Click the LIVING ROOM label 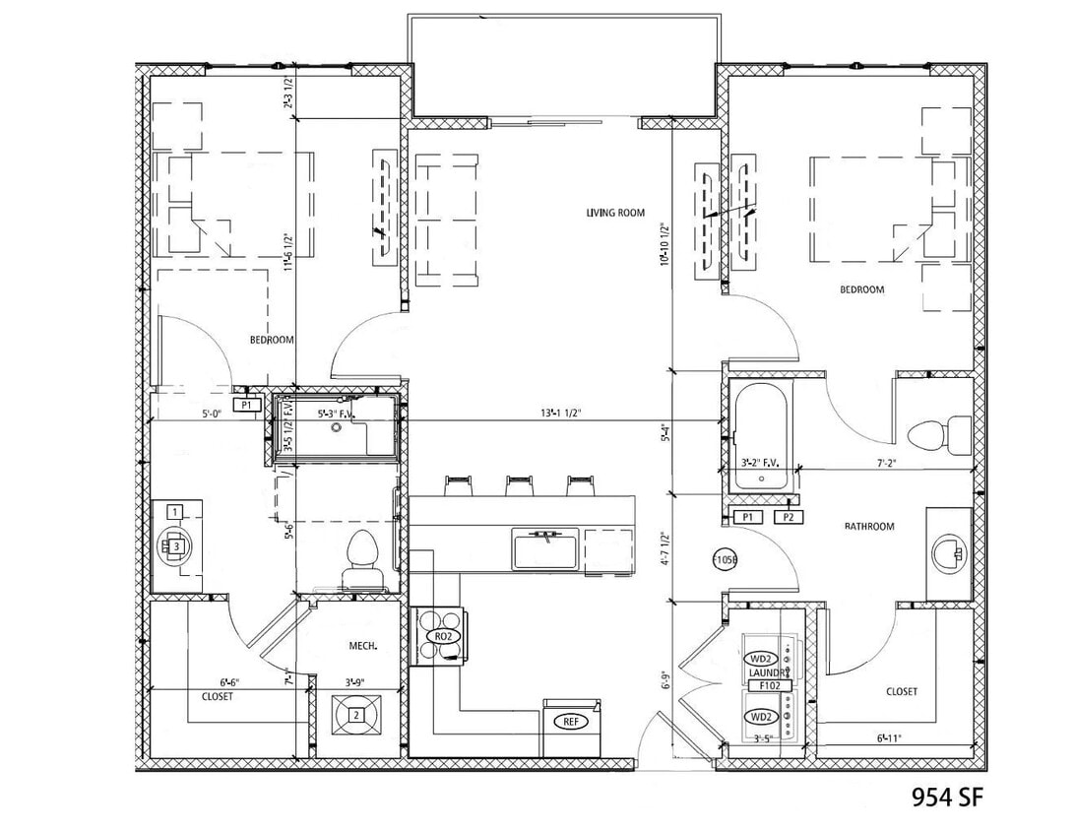click(614, 213)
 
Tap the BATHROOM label click(869, 527)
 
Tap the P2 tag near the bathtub click(788, 517)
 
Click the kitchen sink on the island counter click(543, 547)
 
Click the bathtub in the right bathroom click(761, 435)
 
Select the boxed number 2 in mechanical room click(355, 715)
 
